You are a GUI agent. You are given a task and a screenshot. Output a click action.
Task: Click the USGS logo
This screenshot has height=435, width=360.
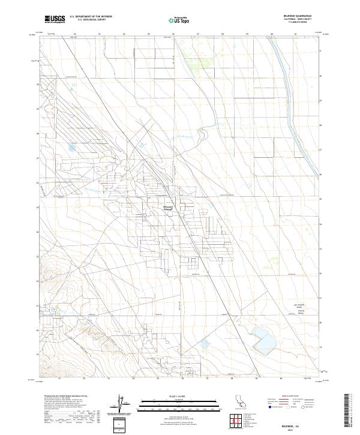click(x=55, y=19)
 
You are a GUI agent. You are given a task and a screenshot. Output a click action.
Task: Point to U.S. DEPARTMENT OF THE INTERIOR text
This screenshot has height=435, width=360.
click(x=91, y=16)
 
